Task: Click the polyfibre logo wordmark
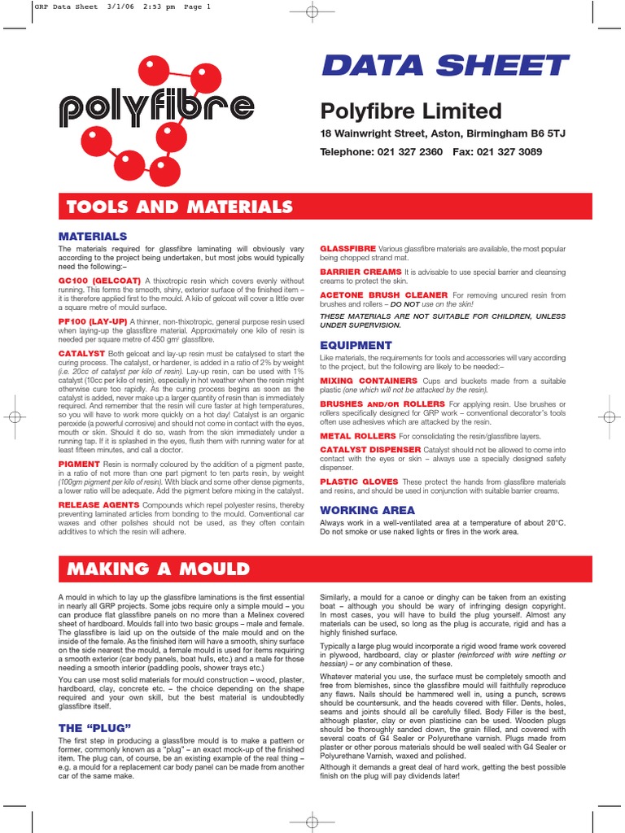point(155,107)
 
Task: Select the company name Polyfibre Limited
point(410,111)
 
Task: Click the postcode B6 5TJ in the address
point(520,133)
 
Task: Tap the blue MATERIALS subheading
point(92,236)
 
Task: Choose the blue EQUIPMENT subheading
point(356,345)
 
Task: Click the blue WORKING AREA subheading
point(367,510)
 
